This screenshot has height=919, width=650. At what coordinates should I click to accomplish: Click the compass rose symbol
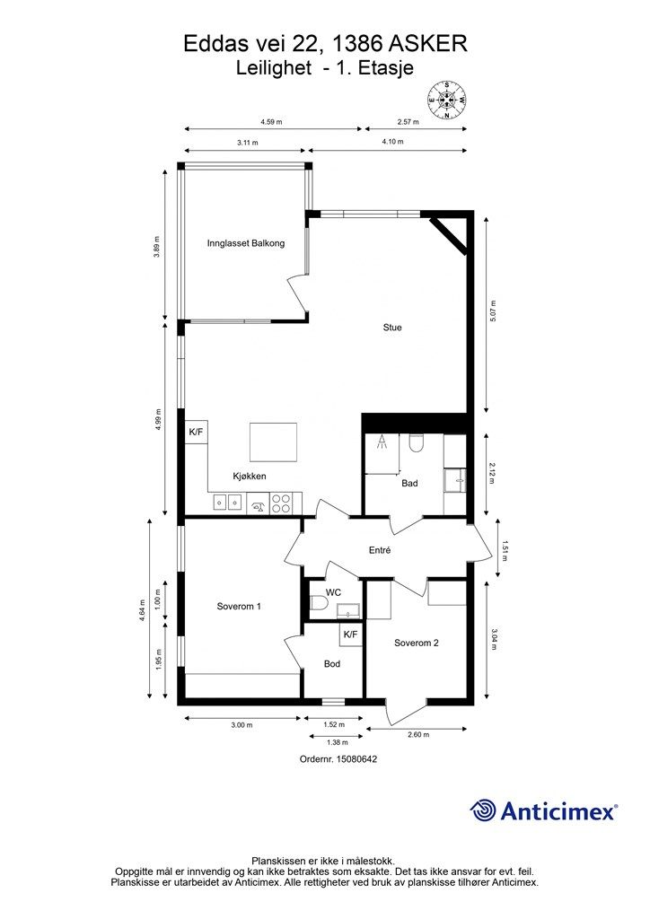(447, 101)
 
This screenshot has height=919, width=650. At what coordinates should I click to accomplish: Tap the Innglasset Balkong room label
(246, 243)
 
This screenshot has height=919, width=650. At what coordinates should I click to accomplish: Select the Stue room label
(392, 328)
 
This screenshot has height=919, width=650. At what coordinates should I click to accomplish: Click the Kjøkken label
(249, 476)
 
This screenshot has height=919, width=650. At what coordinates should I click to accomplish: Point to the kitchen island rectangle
(273, 442)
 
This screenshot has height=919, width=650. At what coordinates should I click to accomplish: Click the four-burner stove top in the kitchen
(281, 503)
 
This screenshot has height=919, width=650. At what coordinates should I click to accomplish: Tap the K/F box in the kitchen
(197, 433)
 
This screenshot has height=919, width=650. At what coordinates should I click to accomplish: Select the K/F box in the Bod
(350, 635)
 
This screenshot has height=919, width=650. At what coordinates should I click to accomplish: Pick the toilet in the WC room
(318, 603)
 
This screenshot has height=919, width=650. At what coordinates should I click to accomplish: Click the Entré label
(380, 550)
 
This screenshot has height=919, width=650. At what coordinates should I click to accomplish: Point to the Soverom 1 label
(239, 607)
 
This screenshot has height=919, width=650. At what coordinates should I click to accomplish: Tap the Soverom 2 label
(417, 643)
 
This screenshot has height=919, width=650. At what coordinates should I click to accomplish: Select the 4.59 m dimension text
(271, 122)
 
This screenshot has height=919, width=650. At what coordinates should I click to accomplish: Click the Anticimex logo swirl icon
(483, 810)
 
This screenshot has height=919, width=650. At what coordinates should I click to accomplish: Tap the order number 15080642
(356, 759)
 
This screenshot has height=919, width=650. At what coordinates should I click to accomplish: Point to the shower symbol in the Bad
(382, 442)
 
